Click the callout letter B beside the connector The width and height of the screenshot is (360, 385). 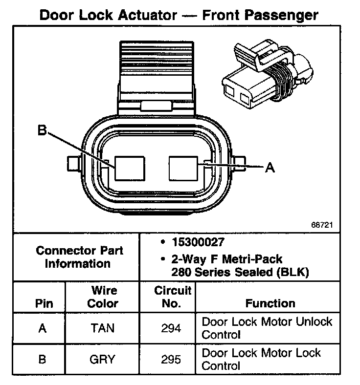[42, 131]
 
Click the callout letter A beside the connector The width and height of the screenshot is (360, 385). [270, 168]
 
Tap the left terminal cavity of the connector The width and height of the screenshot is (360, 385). [129, 169]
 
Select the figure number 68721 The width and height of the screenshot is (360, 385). [322, 226]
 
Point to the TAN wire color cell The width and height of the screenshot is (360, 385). [103, 328]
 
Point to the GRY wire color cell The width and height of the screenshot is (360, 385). [102, 360]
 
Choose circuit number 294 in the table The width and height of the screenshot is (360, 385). [171, 328]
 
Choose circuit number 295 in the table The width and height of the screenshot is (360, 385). [171, 360]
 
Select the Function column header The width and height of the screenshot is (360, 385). [270, 303]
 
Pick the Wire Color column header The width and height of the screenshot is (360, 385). [103, 297]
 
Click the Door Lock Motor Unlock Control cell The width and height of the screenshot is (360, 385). [267, 328]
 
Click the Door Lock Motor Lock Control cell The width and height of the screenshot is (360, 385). [261, 359]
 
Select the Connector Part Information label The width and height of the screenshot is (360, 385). [79, 257]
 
